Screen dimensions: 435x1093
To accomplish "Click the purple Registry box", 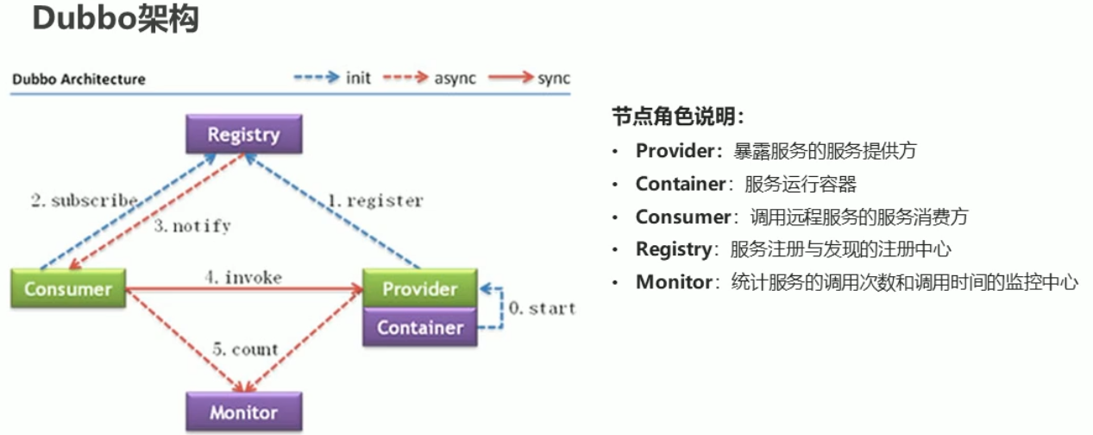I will coord(244,135).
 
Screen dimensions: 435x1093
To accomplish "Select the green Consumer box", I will coord(68,288).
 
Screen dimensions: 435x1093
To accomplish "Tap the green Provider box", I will coord(419,288).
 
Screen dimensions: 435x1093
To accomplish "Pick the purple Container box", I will coord(419,328).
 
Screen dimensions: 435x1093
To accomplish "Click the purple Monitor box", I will coord(244,412).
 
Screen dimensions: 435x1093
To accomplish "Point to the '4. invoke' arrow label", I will coord(243,277).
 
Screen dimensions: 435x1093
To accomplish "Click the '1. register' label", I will coord(374,201).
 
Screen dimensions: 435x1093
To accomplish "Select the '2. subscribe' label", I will coord(85,201).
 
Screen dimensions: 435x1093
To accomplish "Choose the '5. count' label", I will coord(245,350).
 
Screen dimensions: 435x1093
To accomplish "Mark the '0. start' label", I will coord(542,308).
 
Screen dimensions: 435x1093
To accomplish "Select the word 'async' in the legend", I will coord(454,78).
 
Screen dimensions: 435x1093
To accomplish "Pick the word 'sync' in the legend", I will coord(553,78).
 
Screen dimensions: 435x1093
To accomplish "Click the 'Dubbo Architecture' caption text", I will coord(79,79).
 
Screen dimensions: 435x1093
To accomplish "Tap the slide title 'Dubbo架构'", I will coord(116,19).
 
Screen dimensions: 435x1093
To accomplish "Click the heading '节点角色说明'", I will coord(678,117).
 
